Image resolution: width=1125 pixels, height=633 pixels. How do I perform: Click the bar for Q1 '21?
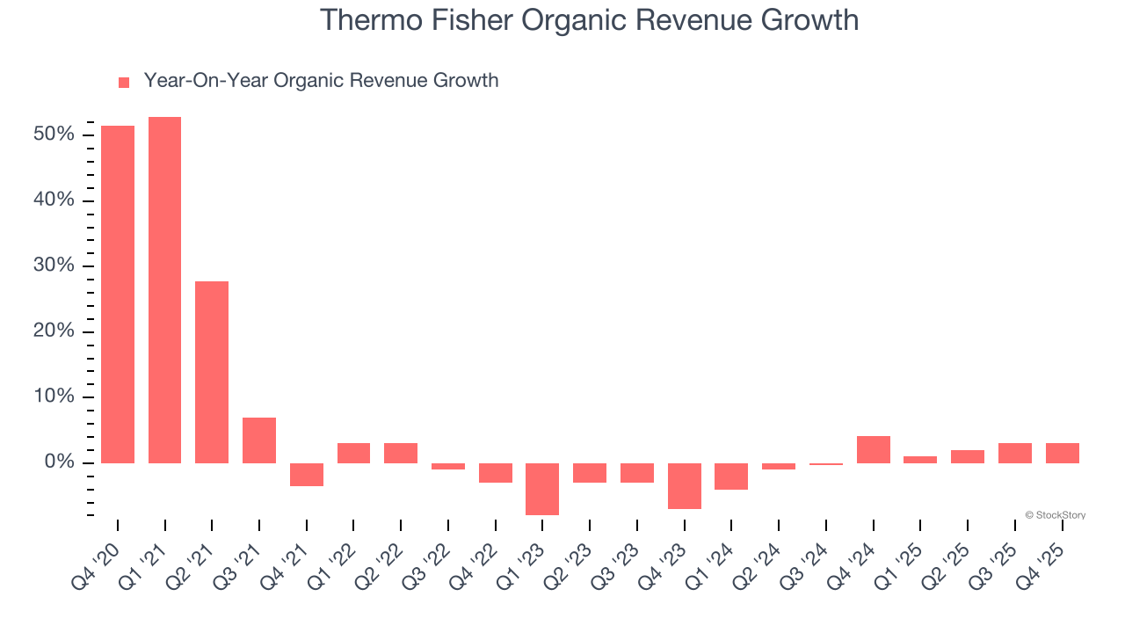coord(164,290)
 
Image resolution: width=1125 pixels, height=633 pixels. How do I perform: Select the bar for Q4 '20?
coord(118,295)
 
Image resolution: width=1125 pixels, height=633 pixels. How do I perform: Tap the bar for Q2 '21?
coord(212,372)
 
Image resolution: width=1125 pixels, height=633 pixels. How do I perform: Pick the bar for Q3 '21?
coord(259,440)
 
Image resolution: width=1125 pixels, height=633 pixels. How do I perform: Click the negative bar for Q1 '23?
coord(542,489)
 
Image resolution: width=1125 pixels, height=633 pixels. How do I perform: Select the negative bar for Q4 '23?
coord(684,486)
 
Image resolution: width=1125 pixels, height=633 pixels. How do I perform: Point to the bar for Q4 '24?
coord(873,449)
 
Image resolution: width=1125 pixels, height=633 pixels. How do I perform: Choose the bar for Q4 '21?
coord(307,475)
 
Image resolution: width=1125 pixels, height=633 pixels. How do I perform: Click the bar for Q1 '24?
coord(731,477)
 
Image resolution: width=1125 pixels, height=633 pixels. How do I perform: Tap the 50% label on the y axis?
coord(54,135)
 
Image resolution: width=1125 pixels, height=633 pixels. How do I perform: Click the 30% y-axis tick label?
coord(54,266)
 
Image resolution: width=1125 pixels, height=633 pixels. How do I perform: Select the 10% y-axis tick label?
coord(54,397)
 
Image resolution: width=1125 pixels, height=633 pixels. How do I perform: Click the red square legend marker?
coord(124,82)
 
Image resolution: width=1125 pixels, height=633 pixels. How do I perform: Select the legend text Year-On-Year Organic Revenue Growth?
coord(321,81)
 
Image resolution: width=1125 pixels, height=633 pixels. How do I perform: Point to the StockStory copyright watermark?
coord(1055,515)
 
